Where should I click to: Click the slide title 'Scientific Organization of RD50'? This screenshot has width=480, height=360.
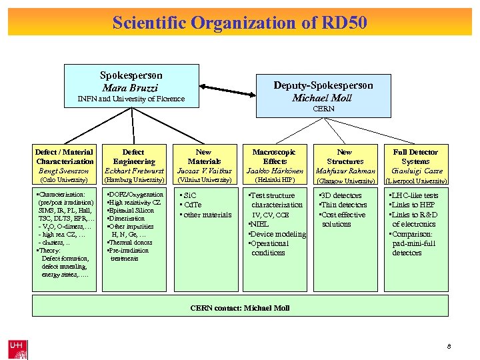[x=239, y=23]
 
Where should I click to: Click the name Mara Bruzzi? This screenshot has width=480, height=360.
[x=131, y=87]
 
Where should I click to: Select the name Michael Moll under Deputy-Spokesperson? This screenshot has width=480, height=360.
[x=323, y=97]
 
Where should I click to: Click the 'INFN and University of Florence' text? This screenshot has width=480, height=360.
[x=131, y=99]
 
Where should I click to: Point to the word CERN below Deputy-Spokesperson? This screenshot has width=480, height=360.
[x=323, y=109]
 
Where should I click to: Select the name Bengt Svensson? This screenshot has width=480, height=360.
[x=65, y=171]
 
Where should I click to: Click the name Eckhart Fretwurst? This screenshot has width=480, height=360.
[x=134, y=171]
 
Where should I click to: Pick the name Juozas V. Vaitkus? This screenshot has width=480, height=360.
[x=204, y=171]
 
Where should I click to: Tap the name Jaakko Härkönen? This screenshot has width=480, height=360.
[x=275, y=171]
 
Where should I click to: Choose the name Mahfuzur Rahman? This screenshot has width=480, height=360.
[x=345, y=171]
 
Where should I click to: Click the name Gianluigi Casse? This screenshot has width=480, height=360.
[x=415, y=171]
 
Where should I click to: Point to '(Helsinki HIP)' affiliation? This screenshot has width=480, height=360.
[x=275, y=180]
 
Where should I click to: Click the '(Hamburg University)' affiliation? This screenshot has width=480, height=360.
[x=134, y=180]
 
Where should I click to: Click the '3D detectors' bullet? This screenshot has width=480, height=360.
[x=343, y=195]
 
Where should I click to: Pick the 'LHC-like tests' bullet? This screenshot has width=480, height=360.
[x=415, y=195]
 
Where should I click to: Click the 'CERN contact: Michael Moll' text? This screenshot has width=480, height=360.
[x=239, y=309]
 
